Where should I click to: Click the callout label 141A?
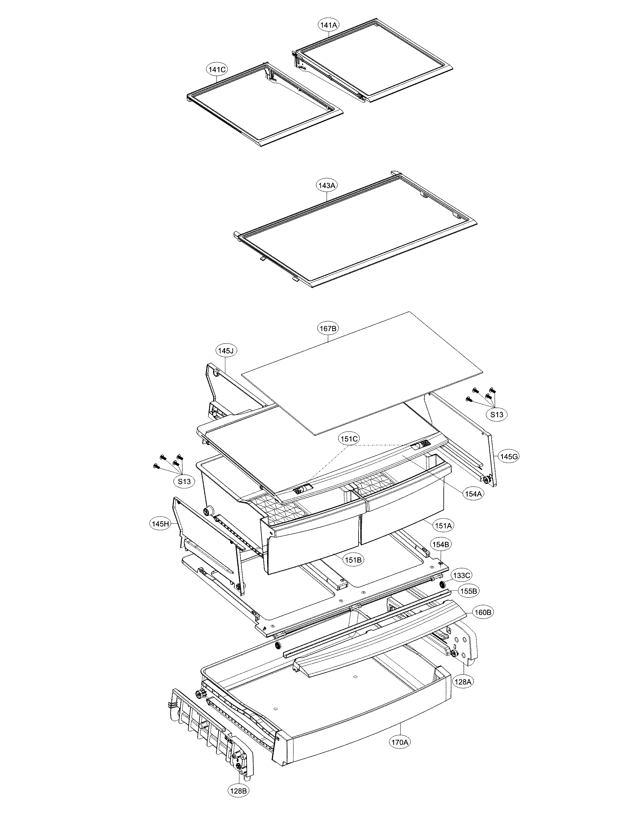[329, 25]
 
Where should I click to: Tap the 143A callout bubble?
[327, 185]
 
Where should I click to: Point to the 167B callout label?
[327, 329]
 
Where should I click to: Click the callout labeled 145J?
[226, 351]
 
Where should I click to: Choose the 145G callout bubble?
[509, 456]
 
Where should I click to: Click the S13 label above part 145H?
[184, 482]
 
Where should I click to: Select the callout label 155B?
[469, 591]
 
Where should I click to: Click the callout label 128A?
[463, 682]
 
